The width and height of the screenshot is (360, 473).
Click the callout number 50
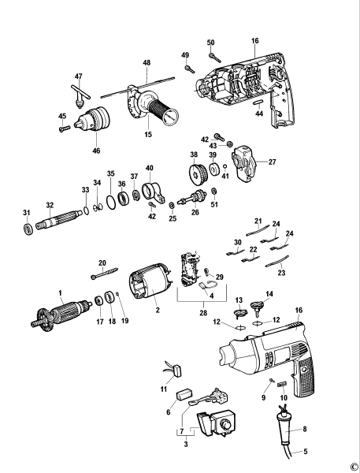click(x=210, y=42)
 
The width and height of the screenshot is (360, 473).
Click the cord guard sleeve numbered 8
click(x=284, y=421)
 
